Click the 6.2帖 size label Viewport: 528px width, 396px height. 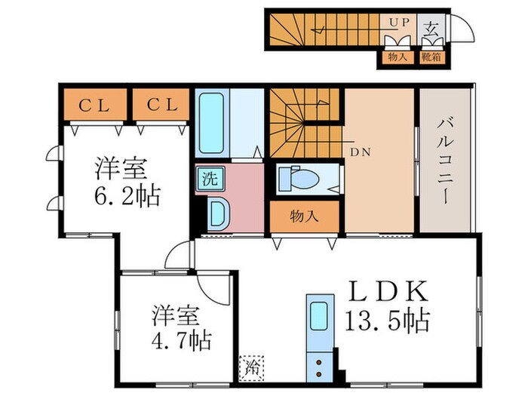coord(126,196)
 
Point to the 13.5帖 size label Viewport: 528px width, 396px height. coord(388,321)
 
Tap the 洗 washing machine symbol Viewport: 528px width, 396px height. coord(207,180)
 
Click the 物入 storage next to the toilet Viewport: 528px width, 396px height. coord(305,216)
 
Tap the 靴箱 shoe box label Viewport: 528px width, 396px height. coord(432,57)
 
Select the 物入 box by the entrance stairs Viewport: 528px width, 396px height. coord(398,57)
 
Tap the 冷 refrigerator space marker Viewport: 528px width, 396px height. coord(250,369)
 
